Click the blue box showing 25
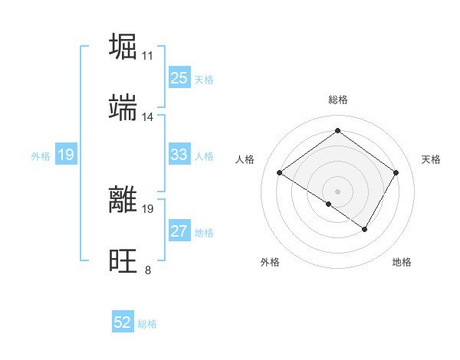[179, 78]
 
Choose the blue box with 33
[179, 155]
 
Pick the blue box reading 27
[179, 232]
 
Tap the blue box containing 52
[123, 323]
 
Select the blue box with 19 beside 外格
[66, 155]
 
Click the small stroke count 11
[148, 55]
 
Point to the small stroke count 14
[148, 117]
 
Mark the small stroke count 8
[148, 270]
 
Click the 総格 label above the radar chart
[337, 100]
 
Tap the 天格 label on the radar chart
[431, 159]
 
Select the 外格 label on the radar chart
[270, 262]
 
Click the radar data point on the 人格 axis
[280, 173]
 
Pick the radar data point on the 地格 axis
[365, 229]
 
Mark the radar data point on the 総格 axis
[337, 130]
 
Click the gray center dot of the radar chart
[337, 191]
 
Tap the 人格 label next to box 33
[204, 156]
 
